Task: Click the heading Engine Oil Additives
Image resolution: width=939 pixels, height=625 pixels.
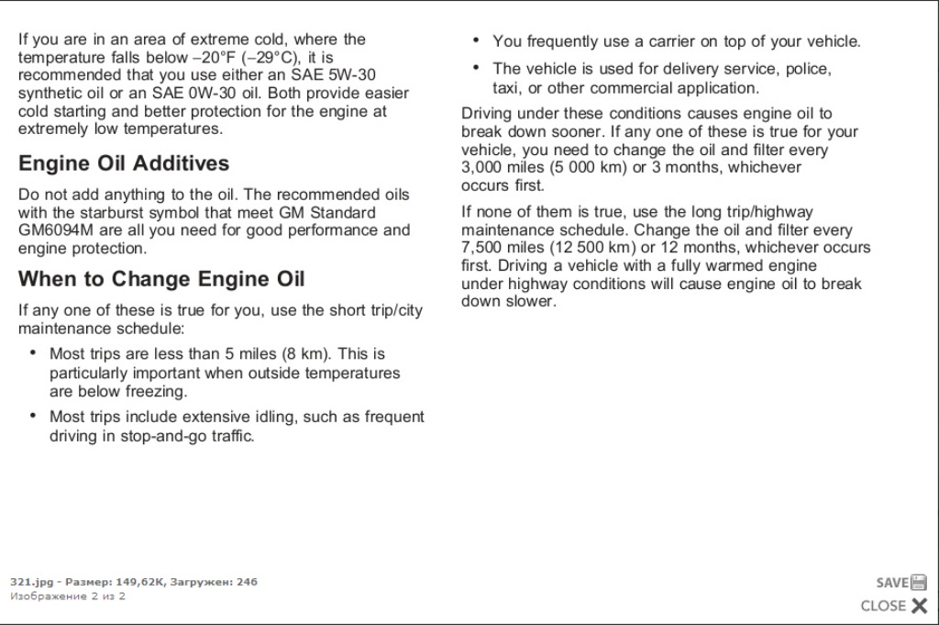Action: tap(124, 164)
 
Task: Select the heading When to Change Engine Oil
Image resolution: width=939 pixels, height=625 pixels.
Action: tap(161, 279)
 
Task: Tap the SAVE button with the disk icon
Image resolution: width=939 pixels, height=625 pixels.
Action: tap(901, 582)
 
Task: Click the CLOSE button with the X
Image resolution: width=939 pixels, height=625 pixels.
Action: tap(894, 606)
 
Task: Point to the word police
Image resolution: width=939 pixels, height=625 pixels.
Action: tap(807, 69)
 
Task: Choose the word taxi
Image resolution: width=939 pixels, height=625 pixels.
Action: tap(506, 88)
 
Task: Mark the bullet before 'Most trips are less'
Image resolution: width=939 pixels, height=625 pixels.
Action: tap(33, 352)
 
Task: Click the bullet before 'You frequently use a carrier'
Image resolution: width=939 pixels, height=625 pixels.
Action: tap(476, 40)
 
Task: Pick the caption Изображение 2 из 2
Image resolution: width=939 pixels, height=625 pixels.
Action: tap(68, 597)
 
